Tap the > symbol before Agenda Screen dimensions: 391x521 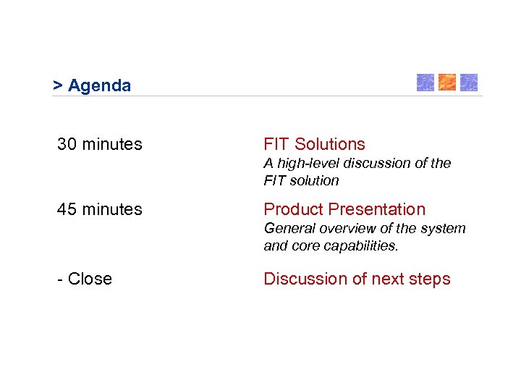[x=57, y=86]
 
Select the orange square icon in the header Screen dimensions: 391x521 [x=447, y=83]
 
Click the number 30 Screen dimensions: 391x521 [x=67, y=145]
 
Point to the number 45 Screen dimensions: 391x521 [x=67, y=210]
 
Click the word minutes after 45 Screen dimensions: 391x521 [x=112, y=210]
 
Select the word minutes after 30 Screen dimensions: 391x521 [x=112, y=145]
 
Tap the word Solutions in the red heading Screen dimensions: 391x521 [x=329, y=145]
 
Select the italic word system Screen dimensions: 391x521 [x=445, y=229]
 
